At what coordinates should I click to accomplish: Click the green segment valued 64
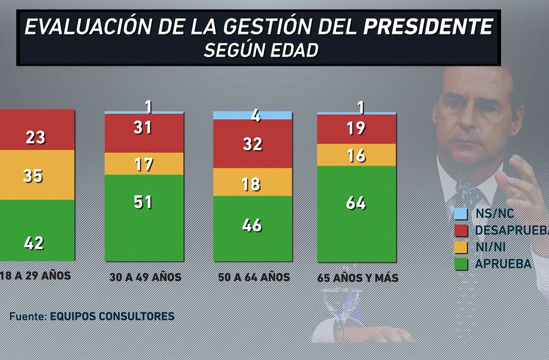pos(356,213)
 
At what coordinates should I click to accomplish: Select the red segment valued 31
pos(144,133)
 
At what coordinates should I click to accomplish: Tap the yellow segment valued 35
pos(37,175)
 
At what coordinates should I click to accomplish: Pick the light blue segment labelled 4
pos(253,115)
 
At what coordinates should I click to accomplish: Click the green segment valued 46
pos(253,228)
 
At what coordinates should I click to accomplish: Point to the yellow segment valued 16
pos(356,155)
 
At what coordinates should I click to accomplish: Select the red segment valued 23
pos(37,129)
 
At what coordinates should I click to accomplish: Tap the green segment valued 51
pos(144,217)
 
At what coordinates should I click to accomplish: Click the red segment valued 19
pos(356,129)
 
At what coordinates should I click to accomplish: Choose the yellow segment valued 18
pos(253,182)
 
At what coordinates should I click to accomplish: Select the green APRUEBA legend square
pos(461,264)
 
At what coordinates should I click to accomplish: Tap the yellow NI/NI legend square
pos(461,247)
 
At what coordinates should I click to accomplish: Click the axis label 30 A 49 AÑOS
pos(145,277)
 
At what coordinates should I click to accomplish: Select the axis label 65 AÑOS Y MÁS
pos(358,278)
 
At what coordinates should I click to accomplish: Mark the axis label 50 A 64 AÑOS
pos(254,277)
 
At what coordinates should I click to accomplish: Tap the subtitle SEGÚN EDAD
pos(261,50)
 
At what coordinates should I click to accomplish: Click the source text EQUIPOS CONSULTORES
pos(112,316)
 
